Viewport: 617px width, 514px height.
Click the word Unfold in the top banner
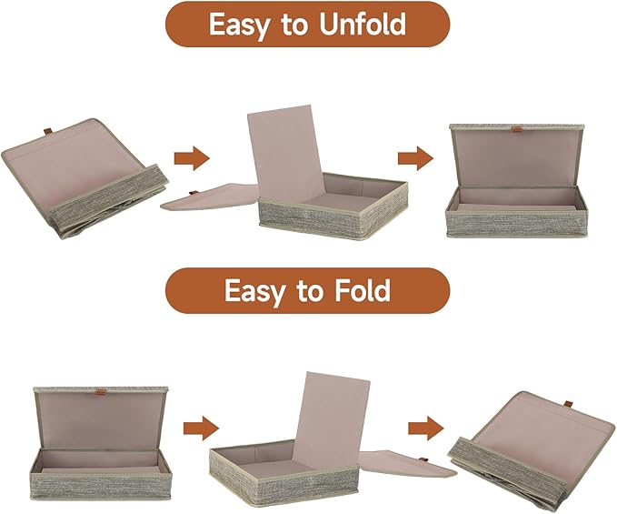point(363,25)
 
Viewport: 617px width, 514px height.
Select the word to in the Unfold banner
point(294,25)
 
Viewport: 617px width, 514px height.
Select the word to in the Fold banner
point(310,292)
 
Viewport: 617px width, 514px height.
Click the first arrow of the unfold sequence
point(192,158)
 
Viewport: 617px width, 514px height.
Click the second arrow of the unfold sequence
point(416,158)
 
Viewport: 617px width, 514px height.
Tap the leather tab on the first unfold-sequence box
point(47,131)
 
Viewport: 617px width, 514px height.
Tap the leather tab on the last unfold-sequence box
point(515,129)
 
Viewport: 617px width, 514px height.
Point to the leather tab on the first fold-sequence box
point(100,392)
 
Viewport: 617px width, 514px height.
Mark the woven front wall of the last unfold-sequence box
point(514,222)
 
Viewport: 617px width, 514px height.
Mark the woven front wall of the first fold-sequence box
point(101,484)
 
